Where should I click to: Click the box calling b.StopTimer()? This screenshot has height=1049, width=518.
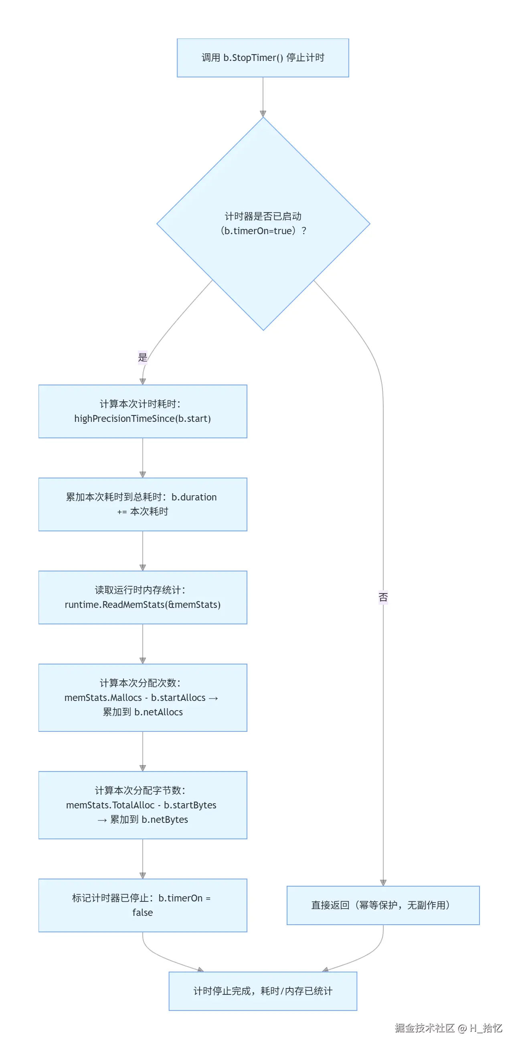click(263, 58)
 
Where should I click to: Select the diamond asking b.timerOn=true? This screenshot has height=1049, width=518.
click(263, 224)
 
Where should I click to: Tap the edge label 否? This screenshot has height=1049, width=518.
click(383, 597)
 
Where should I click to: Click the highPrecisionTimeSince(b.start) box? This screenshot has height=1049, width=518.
click(143, 411)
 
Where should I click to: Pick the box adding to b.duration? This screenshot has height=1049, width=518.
click(143, 504)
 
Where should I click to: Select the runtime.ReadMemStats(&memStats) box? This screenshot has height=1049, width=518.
click(143, 597)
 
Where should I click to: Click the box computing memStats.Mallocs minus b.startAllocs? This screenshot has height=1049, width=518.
click(143, 698)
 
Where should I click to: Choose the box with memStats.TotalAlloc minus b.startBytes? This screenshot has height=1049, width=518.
click(143, 805)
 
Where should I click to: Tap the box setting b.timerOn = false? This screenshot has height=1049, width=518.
click(143, 905)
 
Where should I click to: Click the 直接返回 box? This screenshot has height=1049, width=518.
click(383, 905)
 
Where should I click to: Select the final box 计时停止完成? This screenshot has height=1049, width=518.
click(263, 991)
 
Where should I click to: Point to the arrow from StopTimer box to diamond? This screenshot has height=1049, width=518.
click(263, 97)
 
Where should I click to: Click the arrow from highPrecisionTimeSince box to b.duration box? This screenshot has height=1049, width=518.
click(143, 458)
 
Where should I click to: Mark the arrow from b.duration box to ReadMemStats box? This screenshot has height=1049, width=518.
click(143, 551)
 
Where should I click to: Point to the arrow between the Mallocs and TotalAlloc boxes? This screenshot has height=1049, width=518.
click(143, 751)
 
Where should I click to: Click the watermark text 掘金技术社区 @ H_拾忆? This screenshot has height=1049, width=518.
click(448, 1028)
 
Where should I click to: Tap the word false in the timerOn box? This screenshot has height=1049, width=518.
click(143, 913)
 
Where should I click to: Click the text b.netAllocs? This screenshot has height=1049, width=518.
click(158, 712)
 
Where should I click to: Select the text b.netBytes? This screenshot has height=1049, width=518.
click(164, 820)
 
